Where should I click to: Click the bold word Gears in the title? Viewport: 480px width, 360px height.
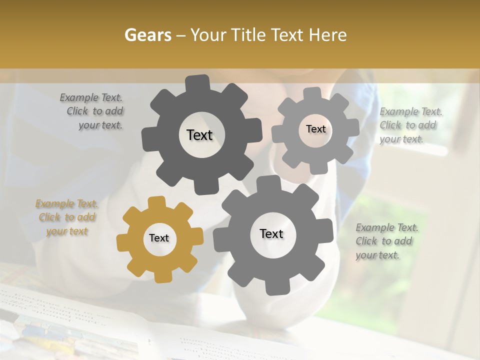coord(147,35)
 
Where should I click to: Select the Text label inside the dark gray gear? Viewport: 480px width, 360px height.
coord(199,135)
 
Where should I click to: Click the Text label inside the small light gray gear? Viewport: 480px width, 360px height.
coord(315,129)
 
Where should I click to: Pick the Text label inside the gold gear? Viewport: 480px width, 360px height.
coord(159,238)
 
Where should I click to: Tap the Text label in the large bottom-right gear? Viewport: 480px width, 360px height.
coord(271,233)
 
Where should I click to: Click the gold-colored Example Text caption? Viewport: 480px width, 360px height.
coord(67,217)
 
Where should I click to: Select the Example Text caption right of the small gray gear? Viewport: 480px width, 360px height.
coord(410,125)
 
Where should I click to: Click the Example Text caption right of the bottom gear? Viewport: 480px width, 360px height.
coord(386,241)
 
